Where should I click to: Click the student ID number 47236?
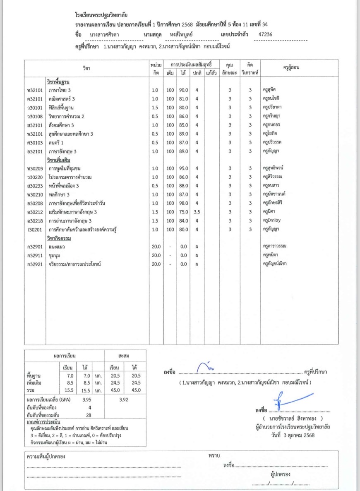point(265,35)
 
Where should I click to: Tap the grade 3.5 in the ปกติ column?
point(197,212)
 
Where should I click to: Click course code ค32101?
point(34,99)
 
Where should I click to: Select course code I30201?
point(34,229)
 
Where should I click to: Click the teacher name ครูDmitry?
point(271,220)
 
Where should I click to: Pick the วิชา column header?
point(86,68)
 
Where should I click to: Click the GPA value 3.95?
point(86,400)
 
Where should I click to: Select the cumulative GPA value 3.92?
point(124,400)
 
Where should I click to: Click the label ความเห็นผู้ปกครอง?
point(46,457)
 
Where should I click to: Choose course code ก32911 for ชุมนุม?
point(34,255)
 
